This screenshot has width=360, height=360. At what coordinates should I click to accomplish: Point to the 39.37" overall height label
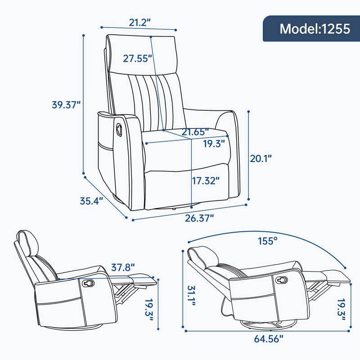tap(66, 104)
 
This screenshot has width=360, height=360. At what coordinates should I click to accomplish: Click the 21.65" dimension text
tap(195, 132)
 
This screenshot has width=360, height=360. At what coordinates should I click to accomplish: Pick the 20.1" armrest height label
tap(261, 158)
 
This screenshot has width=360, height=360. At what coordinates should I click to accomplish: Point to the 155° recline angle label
tap(266, 241)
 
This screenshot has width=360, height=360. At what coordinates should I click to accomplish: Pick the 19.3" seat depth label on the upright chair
tap(214, 144)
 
